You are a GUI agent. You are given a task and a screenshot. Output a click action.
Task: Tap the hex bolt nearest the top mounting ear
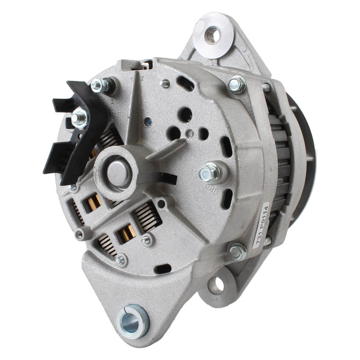click(237, 84)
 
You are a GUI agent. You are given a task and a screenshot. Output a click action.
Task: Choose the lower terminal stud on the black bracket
click(80, 119)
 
